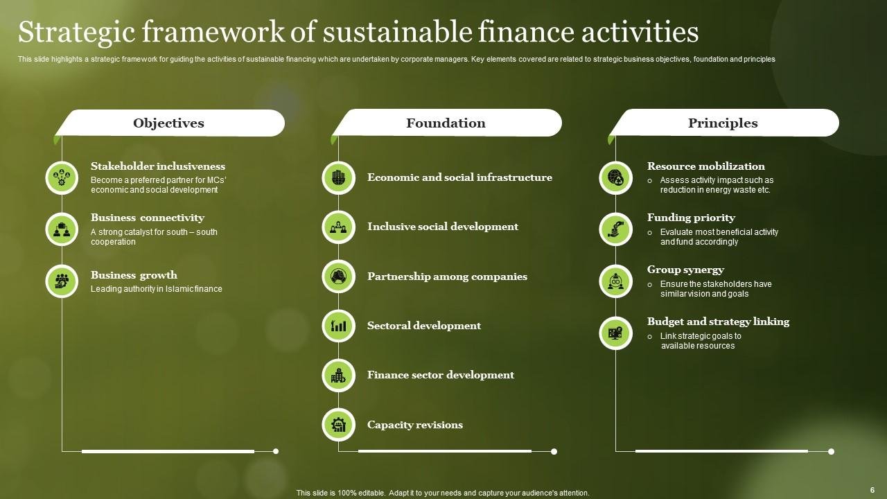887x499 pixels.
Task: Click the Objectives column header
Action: [168, 123]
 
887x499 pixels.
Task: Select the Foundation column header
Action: [446, 123]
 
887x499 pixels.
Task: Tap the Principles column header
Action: [723, 123]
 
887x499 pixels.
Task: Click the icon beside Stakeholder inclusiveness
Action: [62, 178]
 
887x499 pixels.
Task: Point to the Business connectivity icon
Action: [62, 229]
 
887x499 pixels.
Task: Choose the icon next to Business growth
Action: [62, 281]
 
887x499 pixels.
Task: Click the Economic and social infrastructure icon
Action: [338, 178]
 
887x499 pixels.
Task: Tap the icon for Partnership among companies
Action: [338, 277]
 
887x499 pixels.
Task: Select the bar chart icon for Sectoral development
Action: [338, 326]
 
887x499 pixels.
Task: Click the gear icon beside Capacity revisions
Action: [338, 425]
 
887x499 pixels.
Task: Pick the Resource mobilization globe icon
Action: [615, 178]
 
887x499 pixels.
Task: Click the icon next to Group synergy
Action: [615, 281]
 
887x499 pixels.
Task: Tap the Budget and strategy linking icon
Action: [615, 333]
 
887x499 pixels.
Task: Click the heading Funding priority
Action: [691, 218]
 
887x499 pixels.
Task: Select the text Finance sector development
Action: [441, 375]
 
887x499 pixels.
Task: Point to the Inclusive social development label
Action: [443, 227]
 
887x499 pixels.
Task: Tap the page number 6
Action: [872, 490]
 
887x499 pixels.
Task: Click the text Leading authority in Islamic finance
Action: [157, 289]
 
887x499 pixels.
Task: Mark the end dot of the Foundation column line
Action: [554, 451]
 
